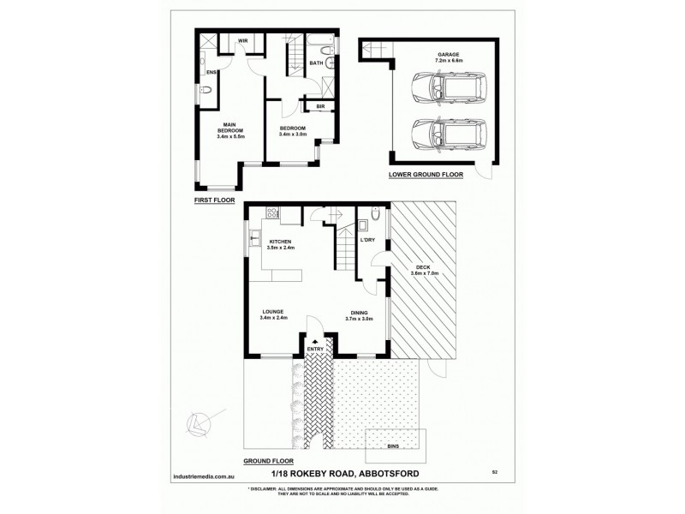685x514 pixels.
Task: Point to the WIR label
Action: (x=243, y=40)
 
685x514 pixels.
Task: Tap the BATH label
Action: (x=316, y=63)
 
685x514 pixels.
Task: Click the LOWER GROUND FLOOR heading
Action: (x=426, y=174)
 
